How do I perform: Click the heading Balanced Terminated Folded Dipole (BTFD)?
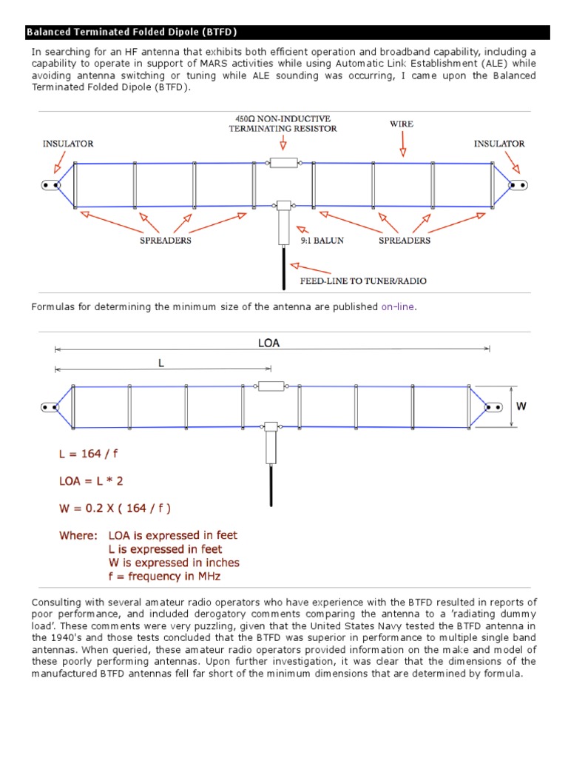(132, 33)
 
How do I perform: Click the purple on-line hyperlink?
(398, 306)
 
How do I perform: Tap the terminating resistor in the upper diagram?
(283, 162)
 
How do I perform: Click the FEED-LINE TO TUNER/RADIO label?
(362, 281)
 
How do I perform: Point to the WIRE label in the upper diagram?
(402, 124)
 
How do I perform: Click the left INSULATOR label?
(68, 144)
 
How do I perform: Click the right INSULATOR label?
(499, 144)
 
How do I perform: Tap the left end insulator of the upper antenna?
(51, 185)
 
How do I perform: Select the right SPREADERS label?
(405, 241)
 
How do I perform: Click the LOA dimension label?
(268, 343)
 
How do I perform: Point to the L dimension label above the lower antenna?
(160, 363)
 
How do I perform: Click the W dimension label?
(521, 406)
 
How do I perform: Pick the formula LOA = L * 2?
(91, 480)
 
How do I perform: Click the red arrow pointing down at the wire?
(402, 147)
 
